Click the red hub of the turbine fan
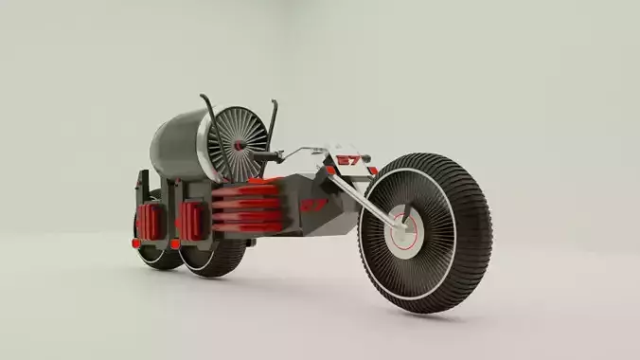[239, 145]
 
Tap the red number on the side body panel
[313, 204]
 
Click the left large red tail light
[149, 220]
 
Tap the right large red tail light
[191, 221]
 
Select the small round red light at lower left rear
[136, 243]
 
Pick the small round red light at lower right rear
[175, 244]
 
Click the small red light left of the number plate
[330, 171]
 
